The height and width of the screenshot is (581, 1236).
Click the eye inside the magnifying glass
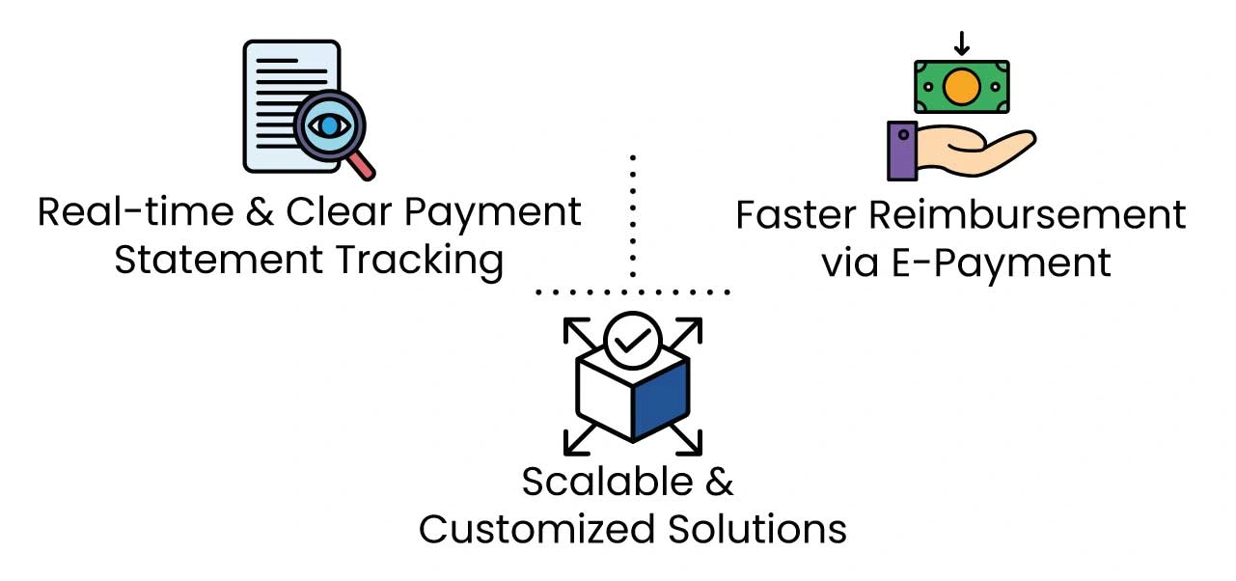[x=330, y=125]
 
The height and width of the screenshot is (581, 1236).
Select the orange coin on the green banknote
[x=961, y=88]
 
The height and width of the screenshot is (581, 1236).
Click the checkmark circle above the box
[x=632, y=340]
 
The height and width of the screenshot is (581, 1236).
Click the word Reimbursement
[x=1025, y=214]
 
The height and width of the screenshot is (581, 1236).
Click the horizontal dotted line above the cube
[x=633, y=290]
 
